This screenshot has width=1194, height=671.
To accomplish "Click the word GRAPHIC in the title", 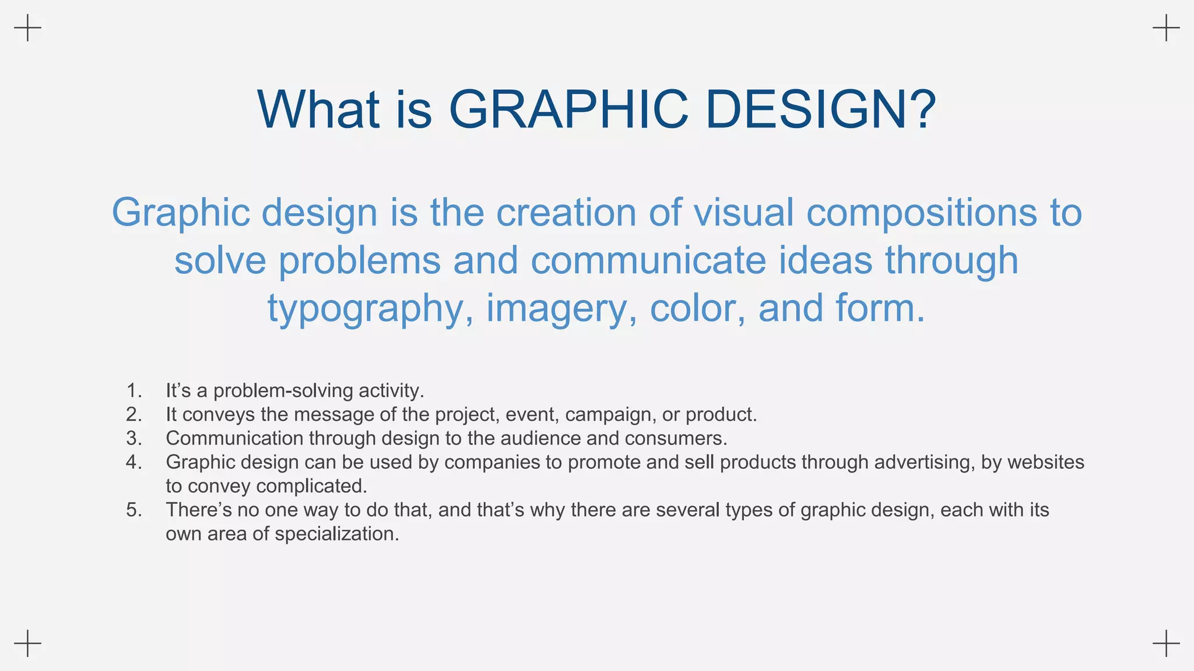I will coord(568,110).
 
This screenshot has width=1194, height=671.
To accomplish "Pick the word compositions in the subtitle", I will coord(922,213).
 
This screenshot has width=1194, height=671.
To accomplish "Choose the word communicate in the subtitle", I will coord(648,260).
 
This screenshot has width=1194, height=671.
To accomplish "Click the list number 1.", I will coord(134,390).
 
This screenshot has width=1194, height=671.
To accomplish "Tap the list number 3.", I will coord(134,438).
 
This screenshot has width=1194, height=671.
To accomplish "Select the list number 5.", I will coord(134,510).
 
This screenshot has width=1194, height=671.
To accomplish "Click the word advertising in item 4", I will coord(922,462).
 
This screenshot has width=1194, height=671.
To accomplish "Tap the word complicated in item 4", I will coord(311,486).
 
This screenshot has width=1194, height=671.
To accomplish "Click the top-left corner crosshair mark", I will coord(27,28).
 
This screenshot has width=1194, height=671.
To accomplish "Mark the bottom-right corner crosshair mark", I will coord(1166,643).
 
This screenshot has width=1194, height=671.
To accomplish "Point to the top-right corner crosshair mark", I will coord(1166,28).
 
